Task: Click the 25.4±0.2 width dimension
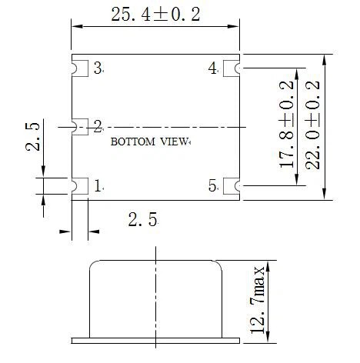[156, 15]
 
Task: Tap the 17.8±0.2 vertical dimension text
[288, 125]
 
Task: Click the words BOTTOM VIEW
[149, 142]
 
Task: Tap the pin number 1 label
[98, 185]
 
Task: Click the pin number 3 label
[98, 68]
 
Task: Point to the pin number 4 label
[213, 68]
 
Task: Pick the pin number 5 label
[213, 185]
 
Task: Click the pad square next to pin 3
[80, 68]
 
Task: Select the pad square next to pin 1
[80, 185]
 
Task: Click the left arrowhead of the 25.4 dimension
[76, 28]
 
